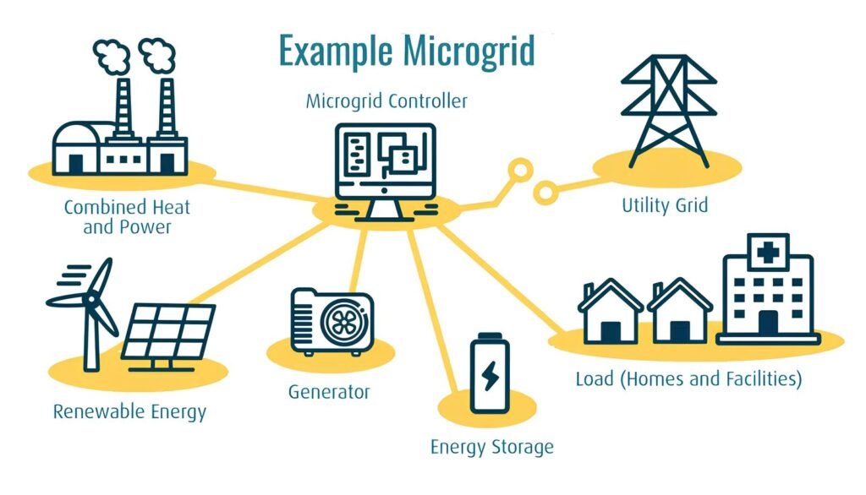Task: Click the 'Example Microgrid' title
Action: (x=407, y=51)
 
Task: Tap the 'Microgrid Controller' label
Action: (x=386, y=101)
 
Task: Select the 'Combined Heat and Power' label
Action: (x=127, y=217)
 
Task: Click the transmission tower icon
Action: (x=669, y=111)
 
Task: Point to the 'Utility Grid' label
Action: (x=665, y=205)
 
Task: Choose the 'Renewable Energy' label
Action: (x=129, y=411)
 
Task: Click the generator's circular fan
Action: (x=343, y=323)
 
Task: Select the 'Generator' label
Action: (x=329, y=392)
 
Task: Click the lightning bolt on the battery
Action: (x=490, y=376)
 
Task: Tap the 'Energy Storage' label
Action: (x=492, y=447)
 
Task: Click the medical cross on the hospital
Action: (x=768, y=253)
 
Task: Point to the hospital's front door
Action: (x=768, y=323)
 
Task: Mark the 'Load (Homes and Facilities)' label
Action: (x=688, y=379)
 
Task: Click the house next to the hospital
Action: (x=680, y=311)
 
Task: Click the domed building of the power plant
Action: (x=77, y=149)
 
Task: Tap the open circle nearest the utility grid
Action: (x=545, y=193)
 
